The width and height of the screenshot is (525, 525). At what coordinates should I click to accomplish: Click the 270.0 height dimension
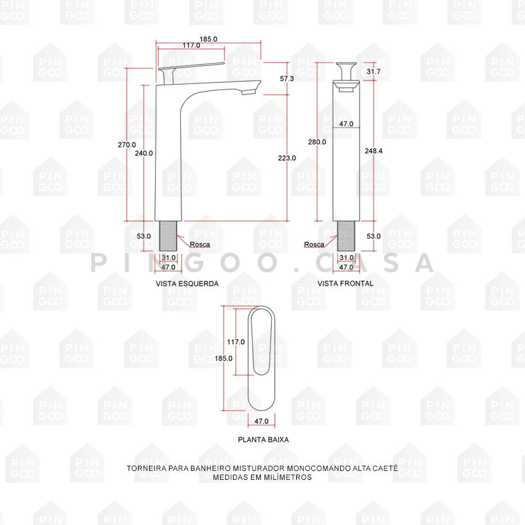pyautogui.click(x=127, y=145)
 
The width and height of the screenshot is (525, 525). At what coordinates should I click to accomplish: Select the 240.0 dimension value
pyautogui.click(x=144, y=153)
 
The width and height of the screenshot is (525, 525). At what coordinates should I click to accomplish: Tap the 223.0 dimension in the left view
pyautogui.click(x=287, y=157)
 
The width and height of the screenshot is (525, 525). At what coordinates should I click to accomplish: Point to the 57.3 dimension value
pyautogui.click(x=287, y=78)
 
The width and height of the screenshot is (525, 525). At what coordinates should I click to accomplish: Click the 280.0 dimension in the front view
pyautogui.click(x=317, y=142)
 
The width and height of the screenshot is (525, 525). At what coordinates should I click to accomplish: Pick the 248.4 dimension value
pyautogui.click(x=374, y=151)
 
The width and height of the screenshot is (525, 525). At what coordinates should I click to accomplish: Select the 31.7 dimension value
pyautogui.click(x=374, y=71)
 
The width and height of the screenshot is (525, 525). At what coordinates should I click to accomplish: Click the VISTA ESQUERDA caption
pyautogui.click(x=187, y=283)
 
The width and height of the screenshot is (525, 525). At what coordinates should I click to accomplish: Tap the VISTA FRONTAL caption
pyautogui.click(x=345, y=283)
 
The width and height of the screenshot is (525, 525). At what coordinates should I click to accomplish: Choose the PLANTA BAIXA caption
pyautogui.click(x=264, y=439)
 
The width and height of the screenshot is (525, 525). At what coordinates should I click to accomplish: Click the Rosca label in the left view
pyautogui.click(x=200, y=245)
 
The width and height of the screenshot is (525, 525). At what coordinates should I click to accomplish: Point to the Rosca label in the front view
pyautogui.click(x=314, y=245)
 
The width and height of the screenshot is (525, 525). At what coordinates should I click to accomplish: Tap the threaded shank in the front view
pyautogui.click(x=346, y=236)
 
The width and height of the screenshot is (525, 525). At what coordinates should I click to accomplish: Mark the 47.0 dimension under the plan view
pyautogui.click(x=261, y=421)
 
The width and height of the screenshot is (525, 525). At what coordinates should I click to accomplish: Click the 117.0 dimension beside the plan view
pyautogui.click(x=236, y=342)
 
